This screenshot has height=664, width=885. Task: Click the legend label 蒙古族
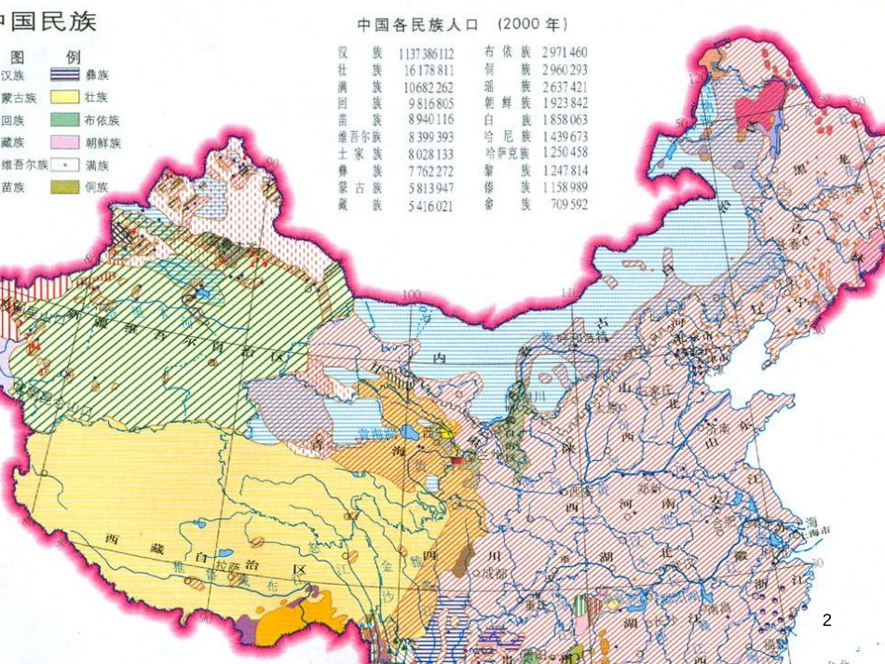click(18, 97)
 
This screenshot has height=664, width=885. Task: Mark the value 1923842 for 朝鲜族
click(563, 102)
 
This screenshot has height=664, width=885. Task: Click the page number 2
click(827, 618)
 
